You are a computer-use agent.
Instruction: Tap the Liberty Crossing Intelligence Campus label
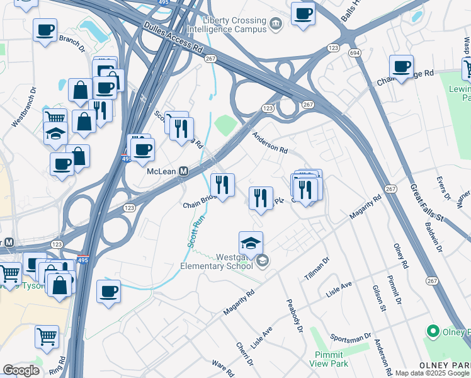pyautogui.click(x=232, y=25)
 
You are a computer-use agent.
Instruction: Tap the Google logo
pyautogui.click(x=21, y=370)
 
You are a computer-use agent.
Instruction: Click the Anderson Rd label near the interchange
pyautogui.click(x=270, y=142)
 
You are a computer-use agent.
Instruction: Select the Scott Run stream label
pyautogui.click(x=196, y=231)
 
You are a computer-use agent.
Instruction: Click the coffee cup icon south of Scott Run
pyautogui.click(x=108, y=291)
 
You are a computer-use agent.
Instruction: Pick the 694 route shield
pyautogui.click(x=356, y=53)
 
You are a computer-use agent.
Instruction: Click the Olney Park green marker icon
pyautogui.click(x=433, y=331)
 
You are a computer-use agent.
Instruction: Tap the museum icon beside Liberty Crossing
pyautogui.click(x=275, y=25)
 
